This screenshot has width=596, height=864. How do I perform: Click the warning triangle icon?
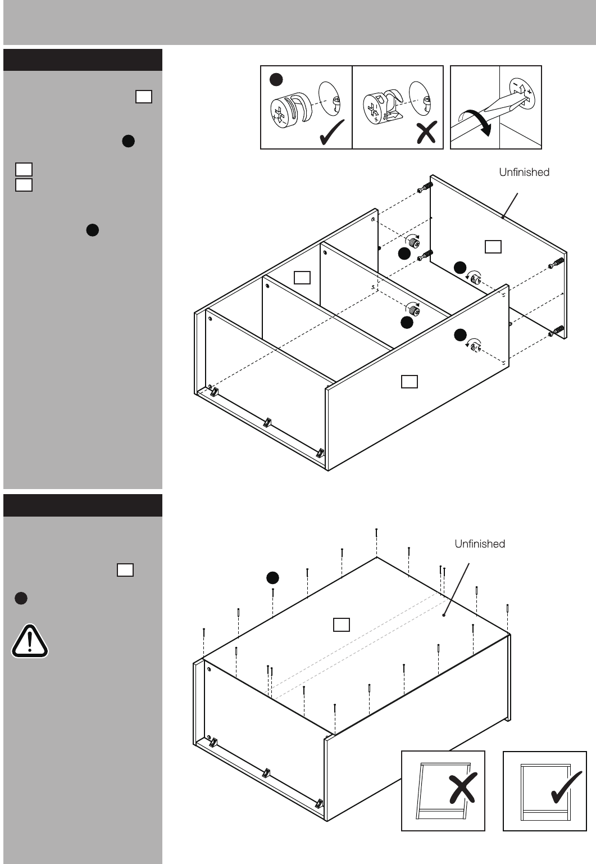pos(30,641)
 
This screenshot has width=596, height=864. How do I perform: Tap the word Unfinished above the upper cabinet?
pos(524,172)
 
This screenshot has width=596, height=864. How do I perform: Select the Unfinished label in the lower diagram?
pos(480,544)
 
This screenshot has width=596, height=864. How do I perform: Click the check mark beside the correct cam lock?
pos(332,132)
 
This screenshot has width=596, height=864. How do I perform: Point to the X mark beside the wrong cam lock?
pos(427,132)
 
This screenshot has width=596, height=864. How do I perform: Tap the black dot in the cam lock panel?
pos(276,79)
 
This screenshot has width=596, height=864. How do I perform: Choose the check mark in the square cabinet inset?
pos(566,787)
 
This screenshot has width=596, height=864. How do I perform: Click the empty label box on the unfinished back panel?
pos(493,247)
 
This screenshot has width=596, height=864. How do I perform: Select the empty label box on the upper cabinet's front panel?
pos(410,382)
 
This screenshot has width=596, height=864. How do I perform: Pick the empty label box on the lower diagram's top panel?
pos(341,625)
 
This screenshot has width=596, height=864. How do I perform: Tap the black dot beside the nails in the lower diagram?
pos(272,578)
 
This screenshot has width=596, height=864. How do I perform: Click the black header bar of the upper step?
pos(83,60)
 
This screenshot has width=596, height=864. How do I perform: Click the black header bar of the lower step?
pos(83,505)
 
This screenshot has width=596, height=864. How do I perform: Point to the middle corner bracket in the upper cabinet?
pos(267,423)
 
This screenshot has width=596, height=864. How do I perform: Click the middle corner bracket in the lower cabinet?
pos(266,773)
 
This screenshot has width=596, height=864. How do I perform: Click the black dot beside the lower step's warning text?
pos(21,598)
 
